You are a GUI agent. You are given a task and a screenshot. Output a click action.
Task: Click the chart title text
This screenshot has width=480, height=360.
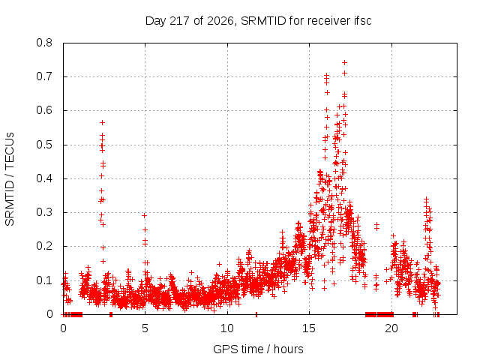[258, 21]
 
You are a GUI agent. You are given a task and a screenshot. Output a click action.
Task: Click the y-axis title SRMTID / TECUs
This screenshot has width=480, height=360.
[10, 179]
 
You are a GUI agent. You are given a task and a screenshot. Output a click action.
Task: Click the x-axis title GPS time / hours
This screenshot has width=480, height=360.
[258, 349]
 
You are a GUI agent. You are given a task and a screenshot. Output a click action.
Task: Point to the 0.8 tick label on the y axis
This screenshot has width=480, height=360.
[44, 43]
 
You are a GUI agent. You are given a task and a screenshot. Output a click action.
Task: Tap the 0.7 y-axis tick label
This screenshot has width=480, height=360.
[44, 76]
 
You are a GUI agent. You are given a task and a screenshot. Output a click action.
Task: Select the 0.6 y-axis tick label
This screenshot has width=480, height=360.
[44, 110]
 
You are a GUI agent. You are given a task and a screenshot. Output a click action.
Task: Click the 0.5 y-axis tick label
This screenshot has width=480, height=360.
[44, 145]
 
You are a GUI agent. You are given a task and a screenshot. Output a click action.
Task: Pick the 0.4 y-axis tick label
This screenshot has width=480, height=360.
[44, 178]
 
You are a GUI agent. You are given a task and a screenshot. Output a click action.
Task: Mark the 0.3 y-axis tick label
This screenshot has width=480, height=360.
[44, 212]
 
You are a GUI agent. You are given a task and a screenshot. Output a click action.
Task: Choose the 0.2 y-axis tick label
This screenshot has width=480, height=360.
[44, 246]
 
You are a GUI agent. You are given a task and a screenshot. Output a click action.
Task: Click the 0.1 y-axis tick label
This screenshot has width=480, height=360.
[44, 280]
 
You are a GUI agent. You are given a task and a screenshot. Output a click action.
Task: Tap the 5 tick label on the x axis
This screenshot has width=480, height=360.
[145, 328]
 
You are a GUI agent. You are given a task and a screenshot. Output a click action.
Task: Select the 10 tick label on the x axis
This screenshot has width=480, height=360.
[227, 328]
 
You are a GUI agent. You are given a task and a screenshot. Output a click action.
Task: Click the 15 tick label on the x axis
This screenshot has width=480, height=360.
[309, 328]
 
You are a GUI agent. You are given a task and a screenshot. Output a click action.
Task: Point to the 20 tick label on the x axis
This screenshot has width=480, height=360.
[391, 328]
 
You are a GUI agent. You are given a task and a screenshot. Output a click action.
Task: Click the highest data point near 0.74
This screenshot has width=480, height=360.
[344, 63]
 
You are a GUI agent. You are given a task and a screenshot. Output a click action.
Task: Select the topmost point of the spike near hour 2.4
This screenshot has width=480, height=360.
[103, 122]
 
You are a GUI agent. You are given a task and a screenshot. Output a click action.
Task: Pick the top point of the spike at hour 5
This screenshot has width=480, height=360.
[144, 215]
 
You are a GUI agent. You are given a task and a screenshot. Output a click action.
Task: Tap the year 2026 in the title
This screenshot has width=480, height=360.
[220, 22]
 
